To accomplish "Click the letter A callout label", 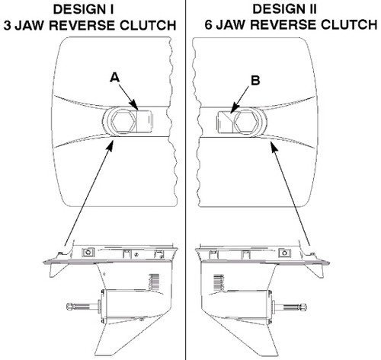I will click(x=115, y=76).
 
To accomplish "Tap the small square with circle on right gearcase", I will click(x=284, y=252).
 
